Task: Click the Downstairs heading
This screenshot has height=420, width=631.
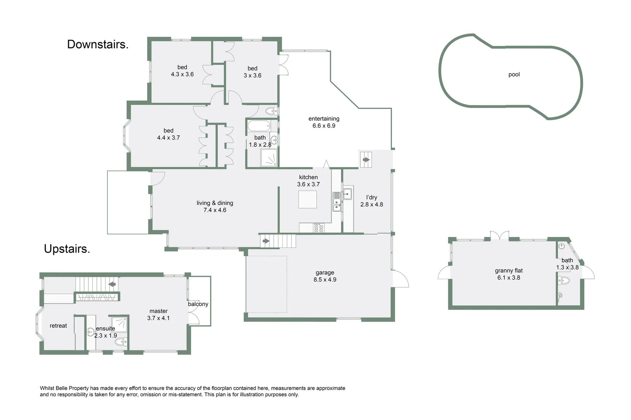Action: (x=98, y=44)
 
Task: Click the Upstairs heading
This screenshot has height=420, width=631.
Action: (x=67, y=249)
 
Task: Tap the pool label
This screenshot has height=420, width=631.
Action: (x=514, y=74)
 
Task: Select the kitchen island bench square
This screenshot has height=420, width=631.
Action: (x=308, y=199)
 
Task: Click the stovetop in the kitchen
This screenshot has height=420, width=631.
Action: (x=318, y=228)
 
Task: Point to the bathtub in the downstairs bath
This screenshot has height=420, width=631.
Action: (x=258, y=126)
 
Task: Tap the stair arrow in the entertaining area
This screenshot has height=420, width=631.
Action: (x=366, y=159)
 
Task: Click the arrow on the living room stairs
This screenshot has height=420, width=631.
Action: (x=266, y=241)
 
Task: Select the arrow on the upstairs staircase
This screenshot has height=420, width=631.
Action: (x=112, y=284)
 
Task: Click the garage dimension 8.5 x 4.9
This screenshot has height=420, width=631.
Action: (x=325, y=280)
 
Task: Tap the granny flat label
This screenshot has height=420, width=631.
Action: (x=508, y=271)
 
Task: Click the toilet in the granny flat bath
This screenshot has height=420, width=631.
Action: (x=564, y=280)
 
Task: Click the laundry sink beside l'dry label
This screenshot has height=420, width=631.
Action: (x=347, y=193)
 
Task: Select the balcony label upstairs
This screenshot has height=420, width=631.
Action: (x=198, y=304)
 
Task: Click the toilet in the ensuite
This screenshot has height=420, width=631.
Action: (x=121, y=343)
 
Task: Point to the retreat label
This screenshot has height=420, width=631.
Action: (x=58, y=326)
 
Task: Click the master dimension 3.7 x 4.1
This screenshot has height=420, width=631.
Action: (x=158, y=318)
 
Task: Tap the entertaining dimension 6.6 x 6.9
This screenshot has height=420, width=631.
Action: (x=324, y=126)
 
